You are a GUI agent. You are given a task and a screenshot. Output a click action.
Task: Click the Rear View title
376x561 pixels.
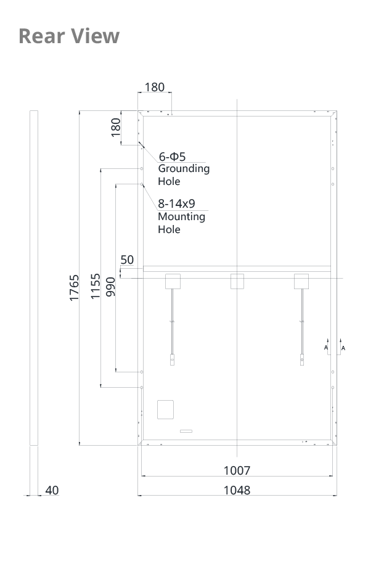(68, 36)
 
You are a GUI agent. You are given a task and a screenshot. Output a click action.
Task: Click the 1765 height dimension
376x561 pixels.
(74, 288)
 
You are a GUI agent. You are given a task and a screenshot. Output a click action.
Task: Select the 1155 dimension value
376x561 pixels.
(95, 286)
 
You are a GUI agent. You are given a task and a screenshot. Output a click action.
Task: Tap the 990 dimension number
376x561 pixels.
(110, 287)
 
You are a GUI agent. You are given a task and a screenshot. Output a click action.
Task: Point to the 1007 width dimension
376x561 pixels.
(237, 470)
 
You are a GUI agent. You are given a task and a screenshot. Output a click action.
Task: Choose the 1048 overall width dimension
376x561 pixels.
(237, 490)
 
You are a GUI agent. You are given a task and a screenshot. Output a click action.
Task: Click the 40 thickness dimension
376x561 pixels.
(52, 490)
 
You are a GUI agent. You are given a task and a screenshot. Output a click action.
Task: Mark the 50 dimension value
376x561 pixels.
(127, 260)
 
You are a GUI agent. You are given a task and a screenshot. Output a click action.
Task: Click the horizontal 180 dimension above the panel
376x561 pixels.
(155, 87)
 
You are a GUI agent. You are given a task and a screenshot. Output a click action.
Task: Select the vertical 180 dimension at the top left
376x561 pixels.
(115, 128)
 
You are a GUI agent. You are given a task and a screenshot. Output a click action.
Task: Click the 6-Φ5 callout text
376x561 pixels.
(172, 157)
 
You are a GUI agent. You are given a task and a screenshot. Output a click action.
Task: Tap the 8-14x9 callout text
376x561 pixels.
(176, 203)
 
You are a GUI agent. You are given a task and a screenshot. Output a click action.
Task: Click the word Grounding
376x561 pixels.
(184, 169)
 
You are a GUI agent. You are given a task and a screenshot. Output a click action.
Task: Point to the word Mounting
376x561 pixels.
(181, 217)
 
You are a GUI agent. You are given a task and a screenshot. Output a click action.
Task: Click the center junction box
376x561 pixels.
(237, 281)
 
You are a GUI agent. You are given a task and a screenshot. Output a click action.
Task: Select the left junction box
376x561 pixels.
(173, 281)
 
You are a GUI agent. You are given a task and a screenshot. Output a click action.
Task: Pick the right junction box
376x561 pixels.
(301, 281)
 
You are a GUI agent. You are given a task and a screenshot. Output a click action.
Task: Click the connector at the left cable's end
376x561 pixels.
(172, 359)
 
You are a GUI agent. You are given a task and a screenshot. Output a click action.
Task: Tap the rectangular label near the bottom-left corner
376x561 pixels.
(165, 410)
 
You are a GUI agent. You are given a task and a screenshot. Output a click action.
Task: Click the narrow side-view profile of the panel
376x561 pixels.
(34, 278)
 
